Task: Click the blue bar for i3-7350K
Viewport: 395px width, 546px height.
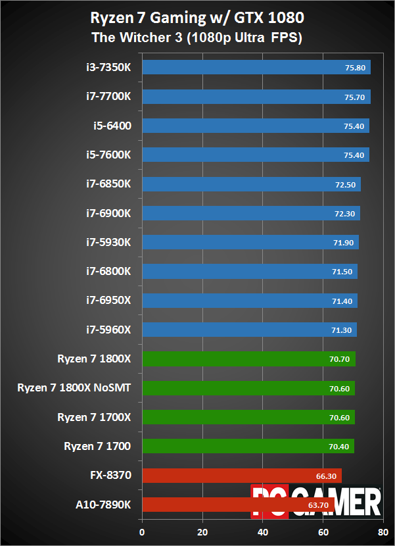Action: click(x=256, y=67)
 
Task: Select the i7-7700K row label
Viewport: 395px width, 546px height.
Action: click(x=108, y=96)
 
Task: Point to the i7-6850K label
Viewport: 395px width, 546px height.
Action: click(x=108, y=184)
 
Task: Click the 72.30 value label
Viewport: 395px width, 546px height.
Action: click(x=345, y=213)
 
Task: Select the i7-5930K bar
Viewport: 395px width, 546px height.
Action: click(x=250, y=242)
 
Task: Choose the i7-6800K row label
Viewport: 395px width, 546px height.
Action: click(x=108, y=271)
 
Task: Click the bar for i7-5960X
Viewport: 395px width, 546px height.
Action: click(x=249, y=330)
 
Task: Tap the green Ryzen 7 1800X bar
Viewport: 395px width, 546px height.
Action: click(x=248, y=359)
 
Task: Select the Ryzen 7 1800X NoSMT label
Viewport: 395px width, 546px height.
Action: click(x=74, y=388)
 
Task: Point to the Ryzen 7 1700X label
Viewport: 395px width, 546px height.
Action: click(x=94, y=417)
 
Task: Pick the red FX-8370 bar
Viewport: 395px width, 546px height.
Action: click(x=241, y=476)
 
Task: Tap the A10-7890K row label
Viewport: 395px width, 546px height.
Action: click(x=103, y=505)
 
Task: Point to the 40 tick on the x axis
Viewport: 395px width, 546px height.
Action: click(x=263, y=532)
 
